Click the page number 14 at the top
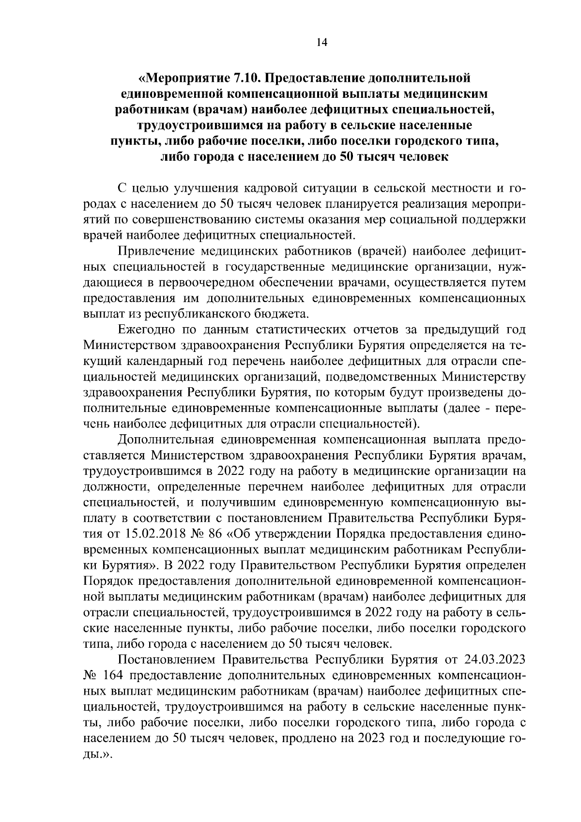point(321,43)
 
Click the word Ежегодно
point(146,330)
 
